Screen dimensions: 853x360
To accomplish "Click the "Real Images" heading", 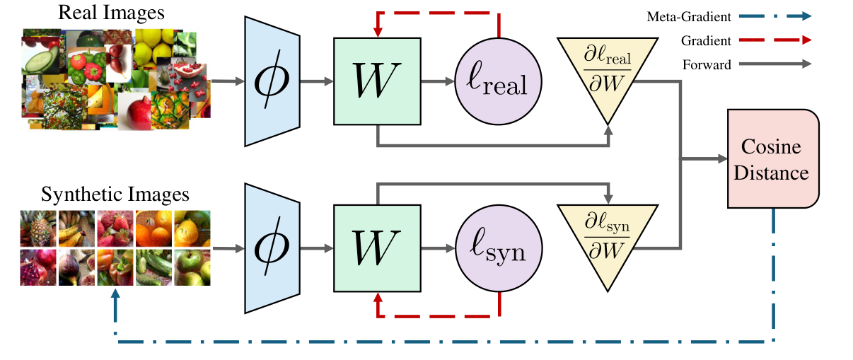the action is coord(111,12).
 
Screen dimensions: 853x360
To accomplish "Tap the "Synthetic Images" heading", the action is coord(115,194).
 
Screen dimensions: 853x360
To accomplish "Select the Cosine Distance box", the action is coord(773,158).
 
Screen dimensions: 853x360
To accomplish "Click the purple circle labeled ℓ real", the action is coord(499,81).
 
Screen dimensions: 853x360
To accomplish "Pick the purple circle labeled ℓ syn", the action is coord(499,248).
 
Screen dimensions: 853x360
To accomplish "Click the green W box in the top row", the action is coord(378,81).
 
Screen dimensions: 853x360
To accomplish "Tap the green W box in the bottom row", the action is coord(378,248).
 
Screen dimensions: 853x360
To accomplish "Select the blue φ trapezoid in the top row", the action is coord(272,81).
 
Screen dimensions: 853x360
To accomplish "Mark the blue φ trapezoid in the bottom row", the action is coord(272,248).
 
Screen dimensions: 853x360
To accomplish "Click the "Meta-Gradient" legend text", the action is coord(689,17).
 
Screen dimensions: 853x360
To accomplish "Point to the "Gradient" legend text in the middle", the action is coord(706,41).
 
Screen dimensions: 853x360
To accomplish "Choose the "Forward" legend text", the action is coord(707,65).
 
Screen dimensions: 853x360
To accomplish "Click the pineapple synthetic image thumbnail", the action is coord(38,228).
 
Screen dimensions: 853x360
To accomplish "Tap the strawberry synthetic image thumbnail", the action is coord(115,228).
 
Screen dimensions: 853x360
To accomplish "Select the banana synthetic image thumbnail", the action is coord(76,228).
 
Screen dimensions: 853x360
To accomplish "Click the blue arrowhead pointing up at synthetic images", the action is coord(115,293).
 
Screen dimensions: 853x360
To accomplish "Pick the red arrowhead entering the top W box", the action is coord(378,33).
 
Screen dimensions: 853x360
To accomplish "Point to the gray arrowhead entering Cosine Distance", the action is coord(722,159).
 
